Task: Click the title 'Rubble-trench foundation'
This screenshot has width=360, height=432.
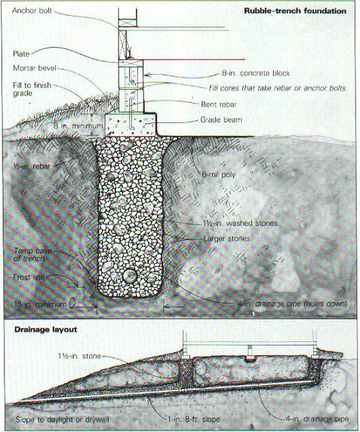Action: pyautogui.click(x=295, y=11)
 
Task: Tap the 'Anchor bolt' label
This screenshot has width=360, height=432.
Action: pyautogui.click(x=32, y=11)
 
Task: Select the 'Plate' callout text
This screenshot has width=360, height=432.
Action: pyautogui.click(x=21, y=54)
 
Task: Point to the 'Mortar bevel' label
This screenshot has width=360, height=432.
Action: pyautogui.click(x=35, y=68)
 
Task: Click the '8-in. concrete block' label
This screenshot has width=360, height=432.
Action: pyautogui.click(x=256, y=73)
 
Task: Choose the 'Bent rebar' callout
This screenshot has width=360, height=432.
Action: pyautogui.click(x=219, y=104)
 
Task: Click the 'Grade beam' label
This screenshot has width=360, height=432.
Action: pyautogui.click(x=221, y=120)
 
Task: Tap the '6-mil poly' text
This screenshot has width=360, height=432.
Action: pyautogui.click(x=219, y=174)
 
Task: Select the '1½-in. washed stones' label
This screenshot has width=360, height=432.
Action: pyautogui.click(x=240, y=223)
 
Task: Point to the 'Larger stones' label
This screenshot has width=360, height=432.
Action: pyautogui.click(x=226, y=239)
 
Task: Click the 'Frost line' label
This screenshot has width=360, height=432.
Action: pyautogui.click(x=29, y=277)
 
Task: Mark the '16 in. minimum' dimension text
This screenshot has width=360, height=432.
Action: pyautogui.click(x=40, y=304)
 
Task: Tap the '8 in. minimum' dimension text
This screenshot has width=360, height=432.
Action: pyautogui.click(x=78, y=126)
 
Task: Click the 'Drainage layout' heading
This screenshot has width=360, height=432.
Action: pyautogui.click(x=46, y=329)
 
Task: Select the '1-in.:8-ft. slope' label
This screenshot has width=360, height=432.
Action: pyautogui.click(x=194, y=419)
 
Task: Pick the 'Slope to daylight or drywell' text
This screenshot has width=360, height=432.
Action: pyautogui.click(x=62, y=420)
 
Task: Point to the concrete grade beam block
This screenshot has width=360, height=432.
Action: pyautogui.click(x=131, y=124)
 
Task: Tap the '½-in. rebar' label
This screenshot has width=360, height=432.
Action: pyautogui.click(x=32, y=166)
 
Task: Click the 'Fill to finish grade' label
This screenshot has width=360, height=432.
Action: pyautogui.click(x=32, y=89)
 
